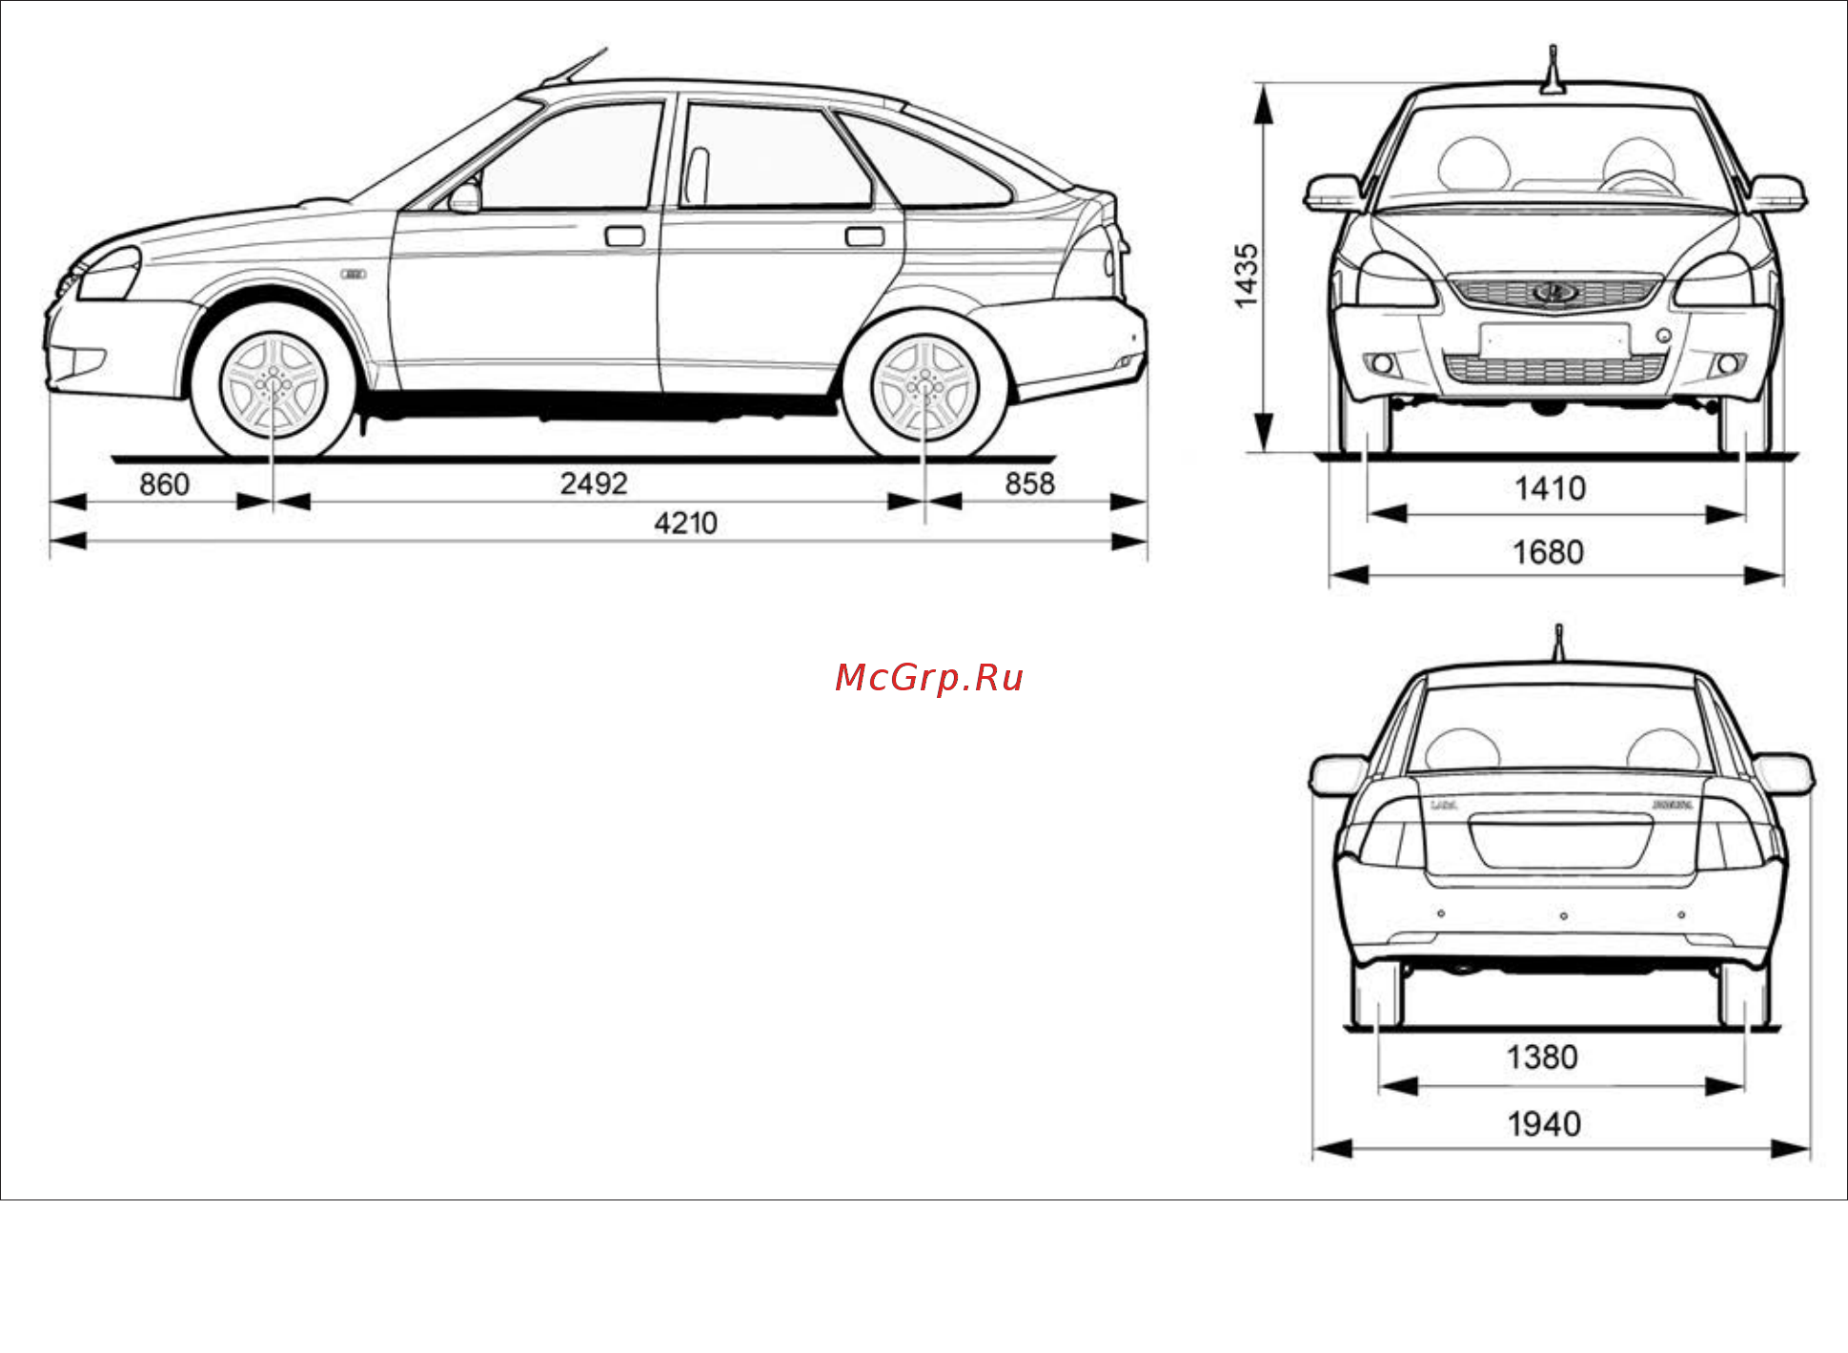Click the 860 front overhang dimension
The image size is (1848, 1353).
coord(164,484)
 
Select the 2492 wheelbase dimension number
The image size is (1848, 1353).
coord(593,483)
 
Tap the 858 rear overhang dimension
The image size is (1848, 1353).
coord(1029,483)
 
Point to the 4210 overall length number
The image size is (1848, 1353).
coord(685,523)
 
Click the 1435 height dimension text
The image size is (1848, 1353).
coord(1247,276)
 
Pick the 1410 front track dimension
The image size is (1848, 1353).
coord(1550,489)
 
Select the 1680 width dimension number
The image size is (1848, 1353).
coord(1548,552)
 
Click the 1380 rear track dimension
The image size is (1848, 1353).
coord(1542,1057)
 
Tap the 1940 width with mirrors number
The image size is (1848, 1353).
coord(1544,1124)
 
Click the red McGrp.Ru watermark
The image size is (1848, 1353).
coord(929,677)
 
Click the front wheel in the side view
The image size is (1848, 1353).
coord(273,383)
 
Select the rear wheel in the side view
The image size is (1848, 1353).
coord(924,385)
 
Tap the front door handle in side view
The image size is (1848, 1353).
coord(624,236)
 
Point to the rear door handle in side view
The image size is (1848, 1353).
coord(864,236)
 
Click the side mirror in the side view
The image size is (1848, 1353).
coord(465,196)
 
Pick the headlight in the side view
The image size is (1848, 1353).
coord(109,274)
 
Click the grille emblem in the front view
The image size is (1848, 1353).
coord(1554,293)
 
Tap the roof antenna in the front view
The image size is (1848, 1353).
coord(1554,69)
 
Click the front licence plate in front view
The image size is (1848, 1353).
coord(1554,339)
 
